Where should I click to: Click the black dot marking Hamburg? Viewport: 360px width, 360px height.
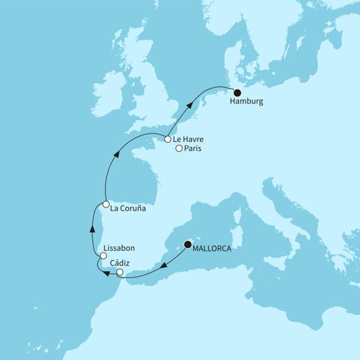click(x=237, y=92)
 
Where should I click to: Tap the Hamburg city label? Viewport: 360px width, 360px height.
click(x=247, y=102)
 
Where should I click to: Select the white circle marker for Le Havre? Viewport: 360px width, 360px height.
click(x=168, y=139)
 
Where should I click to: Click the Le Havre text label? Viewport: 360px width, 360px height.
click(x=188, y=140)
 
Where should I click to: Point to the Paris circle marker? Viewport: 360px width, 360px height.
click(x=179, y=149)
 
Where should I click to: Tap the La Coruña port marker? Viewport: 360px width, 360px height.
click(x=106, y=205)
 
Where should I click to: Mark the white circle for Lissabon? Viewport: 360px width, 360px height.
click(x=103, y=256)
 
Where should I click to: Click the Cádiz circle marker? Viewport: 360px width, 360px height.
click(x=120, y=272)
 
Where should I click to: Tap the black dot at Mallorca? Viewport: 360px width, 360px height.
click(x=187, y=245)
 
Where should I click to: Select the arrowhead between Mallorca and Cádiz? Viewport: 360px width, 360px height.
click(x=164, y=264)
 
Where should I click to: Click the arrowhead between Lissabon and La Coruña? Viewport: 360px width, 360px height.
click(x=92, y=229)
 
